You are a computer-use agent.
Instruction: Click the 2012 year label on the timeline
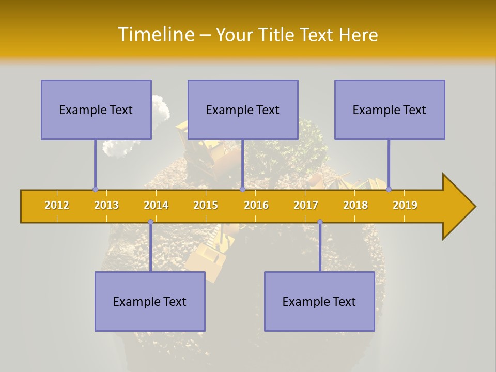pyautogui.click(x=57, y=205)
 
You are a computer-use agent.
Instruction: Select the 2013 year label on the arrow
pyautogui.click(x=106, y=205)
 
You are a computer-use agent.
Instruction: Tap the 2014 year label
pyautogui.click(x=156, y=205)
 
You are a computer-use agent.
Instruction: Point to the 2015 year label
pyautogui.click(x=206, y=205)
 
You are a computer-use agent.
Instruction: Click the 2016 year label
pyautogui.click(x=256, y=205)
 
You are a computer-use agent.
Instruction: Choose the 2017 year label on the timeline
pyautogui.click(x=306, y=205)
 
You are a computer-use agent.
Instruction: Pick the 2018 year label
pyautogui.click(x=355, y=205)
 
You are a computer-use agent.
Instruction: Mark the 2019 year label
pyautogui.click(x=405, y=205)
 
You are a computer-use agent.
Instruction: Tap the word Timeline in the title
pyautogui.click(x=156, y=35)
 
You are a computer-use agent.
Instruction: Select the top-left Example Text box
pyautogui.click(x=96, y=110)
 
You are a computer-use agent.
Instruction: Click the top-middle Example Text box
pyautogui.click(x=243, y=110)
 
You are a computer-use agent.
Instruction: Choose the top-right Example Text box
pyautogui.click(x=390, y=110)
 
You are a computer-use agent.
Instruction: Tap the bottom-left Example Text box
pyautogui.click(x=150, y=301)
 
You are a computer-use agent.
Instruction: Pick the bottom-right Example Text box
pyautogui.click(x=319, y=301)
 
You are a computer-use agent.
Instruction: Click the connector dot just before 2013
pyautogui.click(x=95, y=189)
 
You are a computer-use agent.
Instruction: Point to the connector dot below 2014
pyautogui.click(x=150, y=222)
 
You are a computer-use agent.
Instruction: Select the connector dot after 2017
pyautogui.click(x=320, y=222)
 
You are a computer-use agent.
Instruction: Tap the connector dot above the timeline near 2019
pyautogui.click(x=389, y=189)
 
